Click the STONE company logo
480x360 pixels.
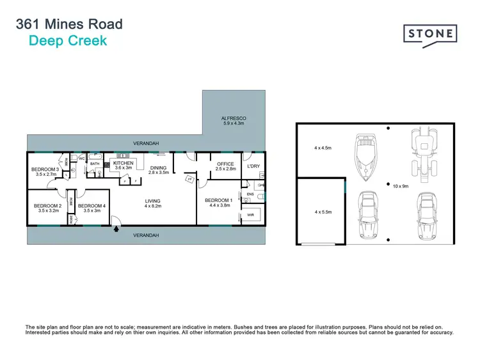point(429,33)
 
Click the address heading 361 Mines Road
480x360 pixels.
point(68,25)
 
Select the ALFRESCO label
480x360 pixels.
point(234,119)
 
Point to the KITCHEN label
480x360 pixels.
point(123,164)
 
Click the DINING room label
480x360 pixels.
point(158,168)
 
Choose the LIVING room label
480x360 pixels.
point(152,201)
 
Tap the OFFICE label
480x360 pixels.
point(225,164)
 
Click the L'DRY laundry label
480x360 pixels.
point(253,166)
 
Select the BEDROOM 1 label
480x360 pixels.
point(217,201)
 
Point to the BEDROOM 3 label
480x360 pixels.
point(45,169)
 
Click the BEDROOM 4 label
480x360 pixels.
point(92,206)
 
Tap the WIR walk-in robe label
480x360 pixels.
point(250,215)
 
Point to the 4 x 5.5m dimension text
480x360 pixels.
point(323,211)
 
